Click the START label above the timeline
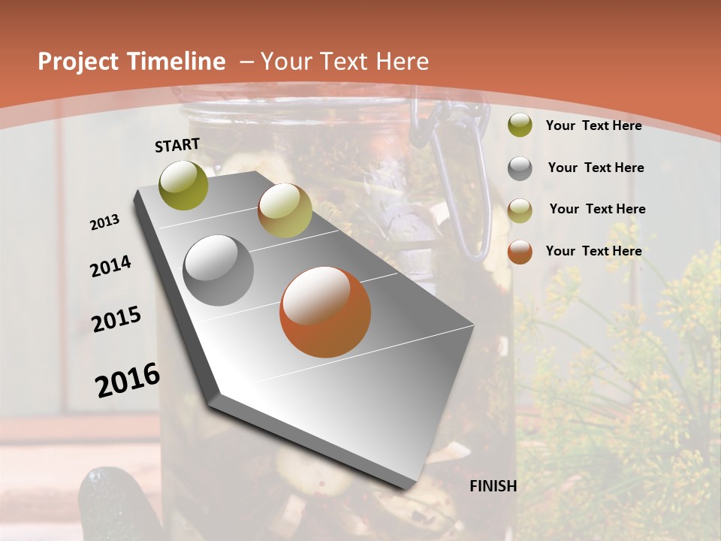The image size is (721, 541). (x=177, y=145)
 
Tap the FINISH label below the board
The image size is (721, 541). (x=493, y=486)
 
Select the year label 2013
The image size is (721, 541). (x=104, y=222)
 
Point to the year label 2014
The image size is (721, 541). (x=110, y=266)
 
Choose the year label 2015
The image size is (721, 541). (x=116, y=319)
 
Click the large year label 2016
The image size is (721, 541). (x=128, y=379)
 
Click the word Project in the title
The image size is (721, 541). (x=78, y=62)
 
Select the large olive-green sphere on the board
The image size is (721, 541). (x=184, y=185)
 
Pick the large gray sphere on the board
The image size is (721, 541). (x=219, y=270)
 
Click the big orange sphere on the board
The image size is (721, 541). (x=325, y=311)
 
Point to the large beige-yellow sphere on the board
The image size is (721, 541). (x=285, y=210)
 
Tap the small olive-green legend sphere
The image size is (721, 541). (x=520, y=125)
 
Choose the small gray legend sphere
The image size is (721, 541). (x=520, y=168)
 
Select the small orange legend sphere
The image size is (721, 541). (x=520, y=252)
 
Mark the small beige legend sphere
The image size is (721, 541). (x=520, y=210)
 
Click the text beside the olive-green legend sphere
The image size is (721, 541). (x=593, y=125)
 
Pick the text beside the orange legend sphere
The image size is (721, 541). (x=593, y=251)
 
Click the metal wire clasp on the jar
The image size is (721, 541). (x=458, y=188)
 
